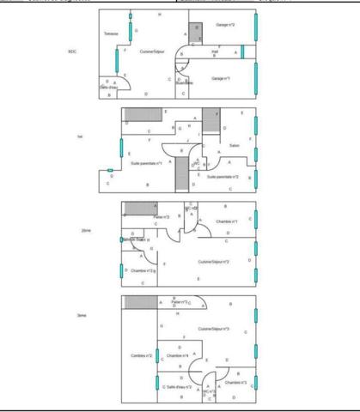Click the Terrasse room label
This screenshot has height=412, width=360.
pyautogui.click(x=110, y=33)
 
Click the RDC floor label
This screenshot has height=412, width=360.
pyautogui.click(x=72, y=51)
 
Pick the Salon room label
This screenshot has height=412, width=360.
pyautogui.click(x=234, y=145)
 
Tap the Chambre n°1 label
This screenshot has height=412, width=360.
pyautogui.click(x=226, y=221)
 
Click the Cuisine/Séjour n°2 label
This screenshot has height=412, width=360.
pyautogui.click(x=213, y=261)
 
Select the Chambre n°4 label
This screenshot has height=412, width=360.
pyautogui.click(x=178, y=354)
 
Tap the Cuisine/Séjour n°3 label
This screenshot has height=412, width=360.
pyautogui.click(x=215, y=329)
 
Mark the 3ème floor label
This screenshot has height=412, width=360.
pyautogui.click(x=80, y=316)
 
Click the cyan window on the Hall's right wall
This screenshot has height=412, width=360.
pyautogui.click(x=243, y=51)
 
